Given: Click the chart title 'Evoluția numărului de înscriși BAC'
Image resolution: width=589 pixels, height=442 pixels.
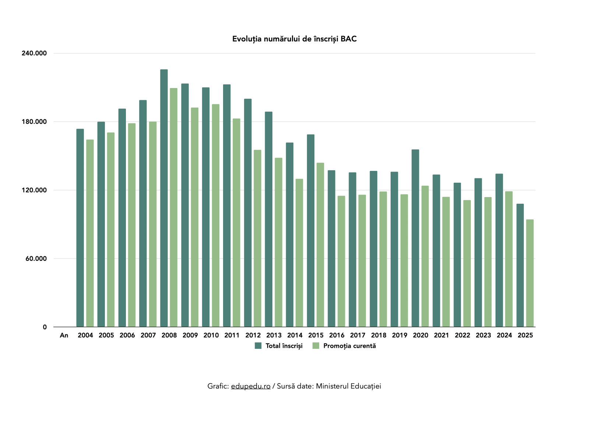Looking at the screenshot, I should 294,39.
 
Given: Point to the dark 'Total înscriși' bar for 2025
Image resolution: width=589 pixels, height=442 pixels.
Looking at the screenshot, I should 520,265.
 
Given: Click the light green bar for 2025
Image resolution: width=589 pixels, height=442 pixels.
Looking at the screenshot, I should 530,273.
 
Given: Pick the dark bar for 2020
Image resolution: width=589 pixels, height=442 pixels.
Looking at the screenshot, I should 415,238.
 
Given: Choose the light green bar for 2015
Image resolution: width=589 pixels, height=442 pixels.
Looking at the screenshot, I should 320,245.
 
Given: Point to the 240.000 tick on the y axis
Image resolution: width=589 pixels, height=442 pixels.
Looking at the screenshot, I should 34,53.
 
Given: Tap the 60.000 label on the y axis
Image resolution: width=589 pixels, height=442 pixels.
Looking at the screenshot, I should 36,259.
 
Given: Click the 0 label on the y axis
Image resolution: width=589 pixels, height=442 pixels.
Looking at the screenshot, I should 45,327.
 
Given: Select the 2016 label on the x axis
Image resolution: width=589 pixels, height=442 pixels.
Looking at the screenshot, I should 336,335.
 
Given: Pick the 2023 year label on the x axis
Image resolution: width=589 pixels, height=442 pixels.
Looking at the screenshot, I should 483,335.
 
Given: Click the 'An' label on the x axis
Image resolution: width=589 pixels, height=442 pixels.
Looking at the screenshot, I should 64,335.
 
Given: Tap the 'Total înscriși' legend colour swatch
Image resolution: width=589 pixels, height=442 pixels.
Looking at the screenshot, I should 258,346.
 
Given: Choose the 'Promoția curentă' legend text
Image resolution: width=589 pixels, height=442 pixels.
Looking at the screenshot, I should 349,346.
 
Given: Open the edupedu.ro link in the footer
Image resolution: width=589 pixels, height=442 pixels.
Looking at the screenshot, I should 251,386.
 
